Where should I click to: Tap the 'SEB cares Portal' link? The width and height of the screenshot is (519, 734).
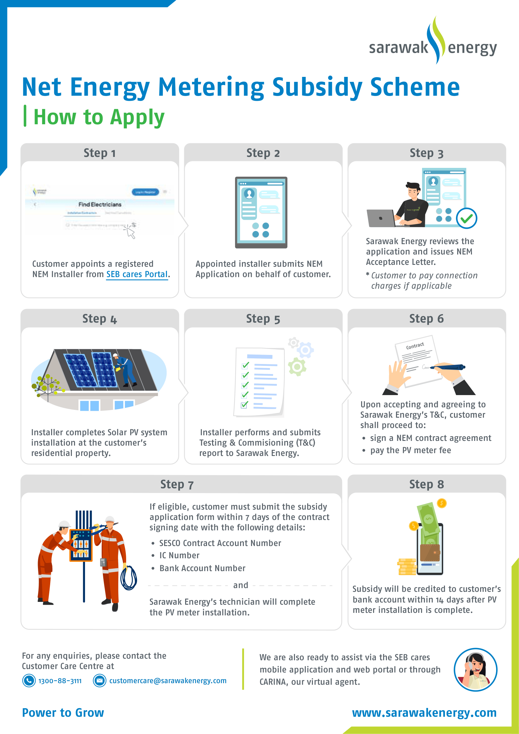pos(137,274)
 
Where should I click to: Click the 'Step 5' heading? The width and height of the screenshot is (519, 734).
pos(263,319)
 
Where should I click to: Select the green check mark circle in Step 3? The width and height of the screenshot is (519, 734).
pos(466,218)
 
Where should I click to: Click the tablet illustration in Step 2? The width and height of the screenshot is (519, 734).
pos(261,212)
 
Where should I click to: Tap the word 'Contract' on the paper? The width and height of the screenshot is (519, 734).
pos(415,346)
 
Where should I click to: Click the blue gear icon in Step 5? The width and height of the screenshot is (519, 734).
pos(305,351)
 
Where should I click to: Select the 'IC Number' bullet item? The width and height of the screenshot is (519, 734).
pos(179,555)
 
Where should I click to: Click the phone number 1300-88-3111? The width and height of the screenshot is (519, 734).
pos(60,681)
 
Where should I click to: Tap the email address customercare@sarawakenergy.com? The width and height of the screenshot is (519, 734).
pos(168,681)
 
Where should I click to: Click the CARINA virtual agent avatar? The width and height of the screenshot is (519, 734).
pos(475,669)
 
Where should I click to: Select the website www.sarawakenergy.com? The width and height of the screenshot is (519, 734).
pos(424,713)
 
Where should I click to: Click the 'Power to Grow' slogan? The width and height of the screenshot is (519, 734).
pos(63,713)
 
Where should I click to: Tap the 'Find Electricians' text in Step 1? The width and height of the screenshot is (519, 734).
pos(100,204)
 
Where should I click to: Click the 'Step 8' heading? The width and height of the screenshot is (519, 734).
pos(426,484)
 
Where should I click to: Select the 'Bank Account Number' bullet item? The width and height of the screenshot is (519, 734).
pos(202,568)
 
